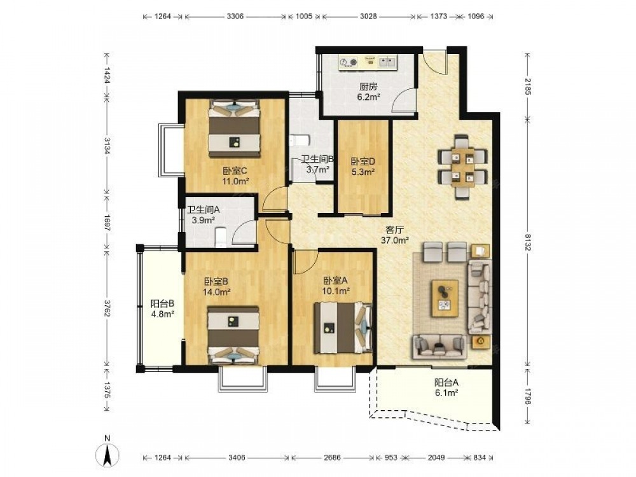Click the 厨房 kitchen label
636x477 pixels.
368,86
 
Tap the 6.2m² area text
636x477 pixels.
368,97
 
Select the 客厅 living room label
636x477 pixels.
395,230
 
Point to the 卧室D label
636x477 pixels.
363,162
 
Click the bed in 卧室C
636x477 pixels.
235,128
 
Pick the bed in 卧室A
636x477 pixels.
343,328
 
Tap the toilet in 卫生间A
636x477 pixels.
220,237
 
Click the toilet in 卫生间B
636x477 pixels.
300,141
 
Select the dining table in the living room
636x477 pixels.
463,166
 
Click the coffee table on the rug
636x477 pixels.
445,298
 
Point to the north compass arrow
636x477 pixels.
107,455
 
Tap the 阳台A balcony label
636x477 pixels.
446,382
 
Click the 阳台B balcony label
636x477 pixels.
162,303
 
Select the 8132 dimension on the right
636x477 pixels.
528,242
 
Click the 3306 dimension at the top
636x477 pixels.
235,17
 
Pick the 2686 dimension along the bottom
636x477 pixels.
332,457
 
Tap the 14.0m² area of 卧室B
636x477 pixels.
217,291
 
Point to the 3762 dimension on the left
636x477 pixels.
107,308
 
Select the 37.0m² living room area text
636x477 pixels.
395,240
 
